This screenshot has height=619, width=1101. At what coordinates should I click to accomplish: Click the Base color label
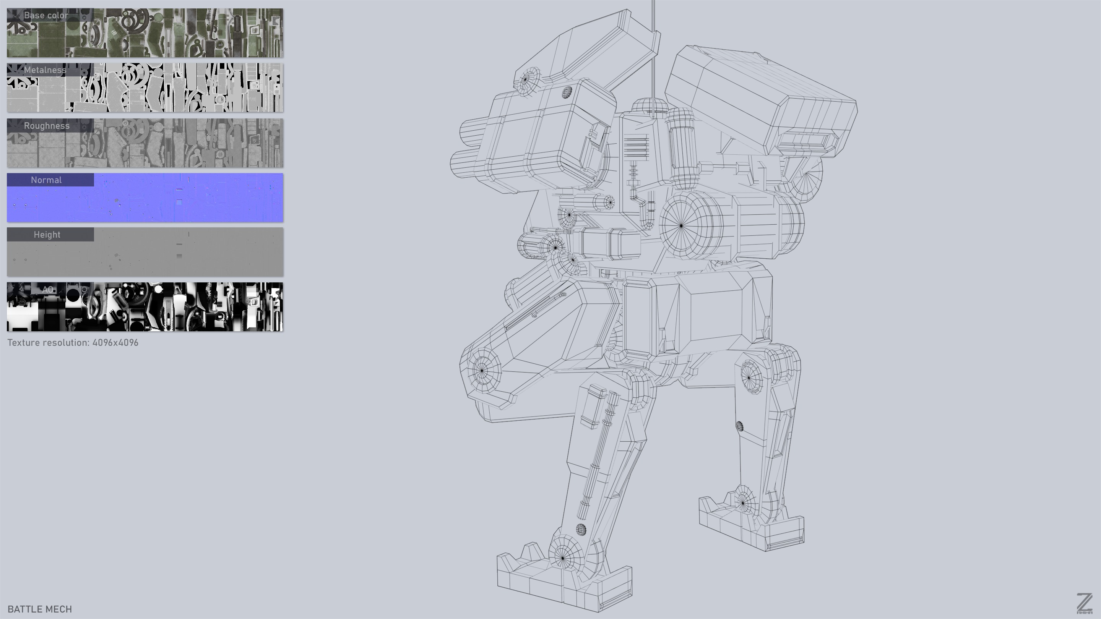tap(46, 15)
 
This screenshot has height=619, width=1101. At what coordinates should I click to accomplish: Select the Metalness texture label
tap(45, 70)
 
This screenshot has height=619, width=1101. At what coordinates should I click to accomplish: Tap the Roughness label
tap(47, 126)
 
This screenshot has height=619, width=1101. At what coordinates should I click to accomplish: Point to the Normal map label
tap(46, 180)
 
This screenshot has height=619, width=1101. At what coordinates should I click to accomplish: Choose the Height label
tap(47, 235)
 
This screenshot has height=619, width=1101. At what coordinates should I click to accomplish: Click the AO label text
tap(47, 290)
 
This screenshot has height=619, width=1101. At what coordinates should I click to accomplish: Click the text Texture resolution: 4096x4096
tap(73, 343)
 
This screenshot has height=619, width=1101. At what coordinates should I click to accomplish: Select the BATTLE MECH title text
tap(40, 609)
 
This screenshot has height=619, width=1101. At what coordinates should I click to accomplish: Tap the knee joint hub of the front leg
tap(482, 370)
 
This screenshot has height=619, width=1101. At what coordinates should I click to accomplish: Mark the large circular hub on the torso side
tap(681, 225)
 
